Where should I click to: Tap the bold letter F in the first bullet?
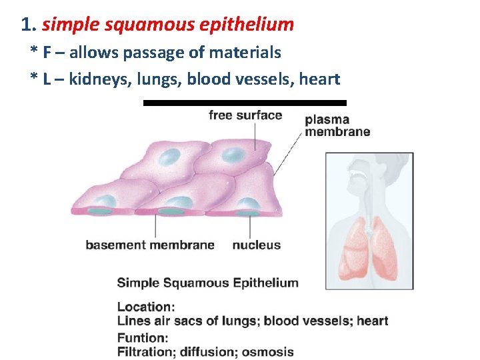(x=47, y=52)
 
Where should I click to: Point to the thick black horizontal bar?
(x=245, y=103)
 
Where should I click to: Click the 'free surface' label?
(x=245, y=115)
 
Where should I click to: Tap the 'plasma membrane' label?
(x=337, y=126)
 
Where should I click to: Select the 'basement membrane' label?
(x=150, y=245)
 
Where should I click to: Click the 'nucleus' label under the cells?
(x=257, y=245)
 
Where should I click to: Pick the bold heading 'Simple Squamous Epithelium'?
(x=207, y=283)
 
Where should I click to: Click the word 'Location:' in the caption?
(x=146, y=307)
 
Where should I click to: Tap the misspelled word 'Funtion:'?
(x=143, y=337)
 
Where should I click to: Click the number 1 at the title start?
(x=27, y=25)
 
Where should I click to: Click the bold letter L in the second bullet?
(x=47, y=79)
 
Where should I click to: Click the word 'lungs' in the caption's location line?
(x=240, y=321)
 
